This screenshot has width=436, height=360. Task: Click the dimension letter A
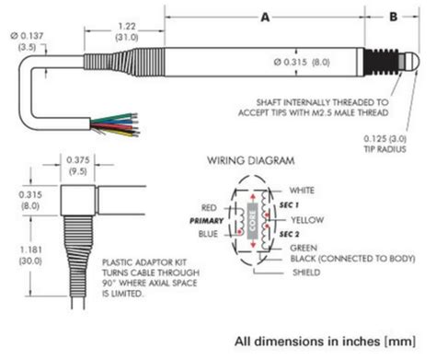pos(266,16)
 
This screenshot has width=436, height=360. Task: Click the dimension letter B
pos(395,16)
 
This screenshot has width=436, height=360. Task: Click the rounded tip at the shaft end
pos(415,62)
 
